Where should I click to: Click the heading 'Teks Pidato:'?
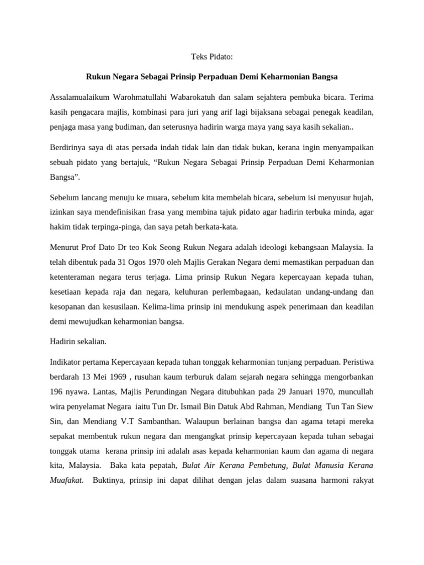[211, 56]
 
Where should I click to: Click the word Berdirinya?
[68, 149]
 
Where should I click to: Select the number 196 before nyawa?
[57, 392]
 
